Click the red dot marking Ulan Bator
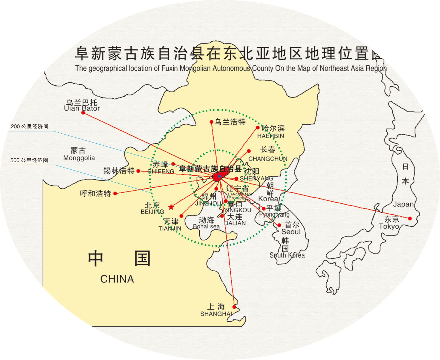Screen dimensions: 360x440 (83, 113)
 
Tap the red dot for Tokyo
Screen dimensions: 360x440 (410, 218)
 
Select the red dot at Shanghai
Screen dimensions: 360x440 (234, 307)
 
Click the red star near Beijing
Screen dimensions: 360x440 (171, 207)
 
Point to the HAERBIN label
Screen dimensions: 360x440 (271, 136)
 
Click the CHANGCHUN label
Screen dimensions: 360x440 (268, 159)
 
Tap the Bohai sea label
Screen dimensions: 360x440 (206, 226)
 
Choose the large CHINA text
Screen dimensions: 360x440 (117, 279)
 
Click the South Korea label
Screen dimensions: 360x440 (287, 255)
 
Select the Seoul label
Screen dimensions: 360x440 (291, 232)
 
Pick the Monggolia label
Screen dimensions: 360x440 (79, 158)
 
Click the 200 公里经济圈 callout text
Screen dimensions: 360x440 (29, 127)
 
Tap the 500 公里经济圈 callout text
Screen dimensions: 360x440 (29, 160)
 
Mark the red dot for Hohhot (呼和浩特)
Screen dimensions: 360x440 (115, 194)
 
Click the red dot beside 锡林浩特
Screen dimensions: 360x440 (138, 171)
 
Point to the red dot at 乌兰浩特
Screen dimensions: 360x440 (211, 122)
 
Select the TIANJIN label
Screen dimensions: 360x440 (170, 228)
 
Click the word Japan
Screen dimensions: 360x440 (403, 204)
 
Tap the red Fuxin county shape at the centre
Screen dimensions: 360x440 (219, 176)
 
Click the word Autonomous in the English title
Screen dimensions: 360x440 (231, 68)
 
